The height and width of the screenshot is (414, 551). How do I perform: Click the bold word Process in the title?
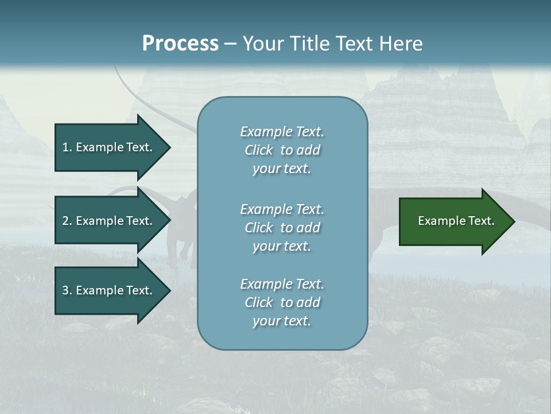click(180, 44)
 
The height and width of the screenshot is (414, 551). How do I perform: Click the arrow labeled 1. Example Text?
click(109, 147)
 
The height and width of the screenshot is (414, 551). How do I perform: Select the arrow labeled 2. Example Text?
click(109, 221)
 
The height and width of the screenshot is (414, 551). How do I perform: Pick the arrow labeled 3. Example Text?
click(109, 290)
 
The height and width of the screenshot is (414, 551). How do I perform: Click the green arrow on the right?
click(453, 221)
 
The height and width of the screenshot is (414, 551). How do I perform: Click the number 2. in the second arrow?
click(67, 221)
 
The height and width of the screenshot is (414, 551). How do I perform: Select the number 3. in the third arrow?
click(67, 290)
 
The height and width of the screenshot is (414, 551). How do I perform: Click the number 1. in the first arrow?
click(67, 147)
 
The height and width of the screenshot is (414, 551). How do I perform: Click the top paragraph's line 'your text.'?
click(282, 169)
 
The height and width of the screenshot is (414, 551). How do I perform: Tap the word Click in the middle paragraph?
click(258, 228)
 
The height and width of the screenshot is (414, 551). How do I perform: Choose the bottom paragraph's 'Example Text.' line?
click(282, 284)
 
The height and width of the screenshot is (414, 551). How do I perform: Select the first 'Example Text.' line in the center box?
click(282, 132)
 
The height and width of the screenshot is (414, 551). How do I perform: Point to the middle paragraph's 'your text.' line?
click(282, 246)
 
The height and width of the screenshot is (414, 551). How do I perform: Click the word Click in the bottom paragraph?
click(258, 302)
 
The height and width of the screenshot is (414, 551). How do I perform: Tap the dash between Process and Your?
click(231, 44)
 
